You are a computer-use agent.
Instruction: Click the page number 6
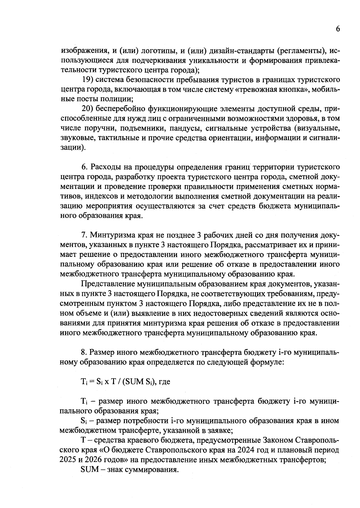click(x=338, y=29)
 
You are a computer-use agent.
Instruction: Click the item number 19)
click(x=88, y=80)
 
